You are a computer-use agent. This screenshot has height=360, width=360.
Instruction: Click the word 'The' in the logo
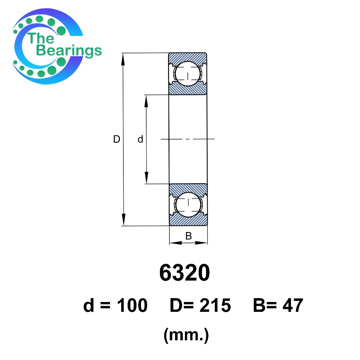41,38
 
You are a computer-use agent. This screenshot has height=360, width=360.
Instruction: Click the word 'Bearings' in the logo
69,51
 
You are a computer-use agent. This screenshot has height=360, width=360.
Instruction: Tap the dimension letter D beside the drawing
117,139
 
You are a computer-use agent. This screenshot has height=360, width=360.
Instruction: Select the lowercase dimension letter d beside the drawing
140,139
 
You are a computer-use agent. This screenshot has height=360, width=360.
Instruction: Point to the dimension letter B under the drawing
188,236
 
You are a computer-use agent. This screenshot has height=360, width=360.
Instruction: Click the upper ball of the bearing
188,74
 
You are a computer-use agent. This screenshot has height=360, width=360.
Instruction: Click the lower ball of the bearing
188,205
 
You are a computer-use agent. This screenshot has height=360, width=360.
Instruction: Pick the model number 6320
184,273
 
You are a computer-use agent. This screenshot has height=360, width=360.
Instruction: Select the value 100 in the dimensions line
132,306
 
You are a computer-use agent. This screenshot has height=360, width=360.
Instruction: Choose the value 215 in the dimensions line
215,306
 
